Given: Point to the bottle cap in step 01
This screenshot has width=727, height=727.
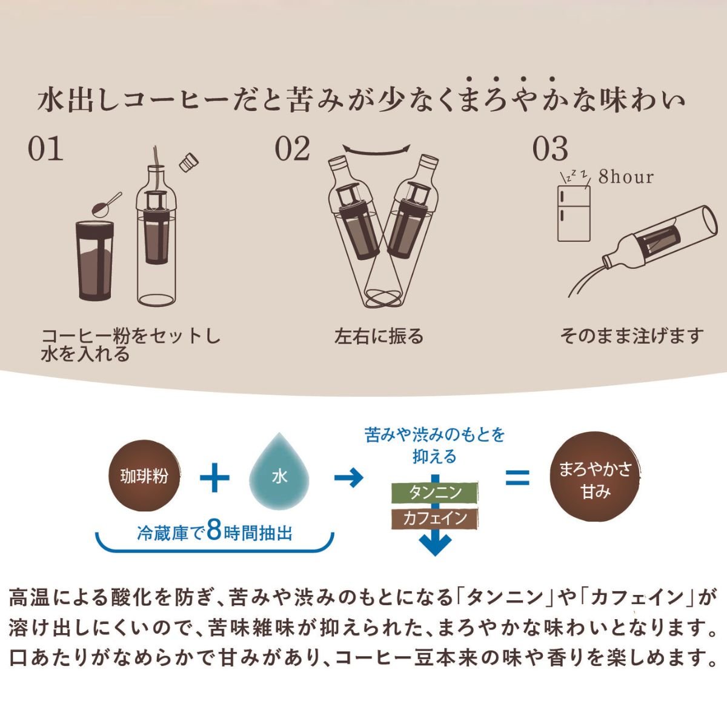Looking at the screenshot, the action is click(189, 162).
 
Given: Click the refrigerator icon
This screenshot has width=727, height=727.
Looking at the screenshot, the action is click(574, 213).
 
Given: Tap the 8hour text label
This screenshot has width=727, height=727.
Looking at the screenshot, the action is click(626, 178).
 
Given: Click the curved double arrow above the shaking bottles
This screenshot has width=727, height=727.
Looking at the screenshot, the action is click(376, 150).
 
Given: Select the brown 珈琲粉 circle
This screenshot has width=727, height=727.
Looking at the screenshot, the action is click(144, 476).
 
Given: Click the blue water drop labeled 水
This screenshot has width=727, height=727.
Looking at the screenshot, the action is click(279, 474).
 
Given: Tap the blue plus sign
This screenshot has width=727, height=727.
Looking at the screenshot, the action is click(214, 477).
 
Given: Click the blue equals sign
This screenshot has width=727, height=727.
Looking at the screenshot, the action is click(517, 477).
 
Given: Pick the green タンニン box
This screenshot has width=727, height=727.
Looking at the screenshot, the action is click(434, 493).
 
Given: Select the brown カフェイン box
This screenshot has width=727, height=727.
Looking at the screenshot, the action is click(434, 519).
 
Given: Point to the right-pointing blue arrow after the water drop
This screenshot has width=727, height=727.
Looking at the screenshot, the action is click(349, 477).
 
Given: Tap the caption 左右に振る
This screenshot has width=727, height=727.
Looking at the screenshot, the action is click(379, 336).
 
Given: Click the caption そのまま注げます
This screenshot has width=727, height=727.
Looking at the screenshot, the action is click(631, 336).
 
